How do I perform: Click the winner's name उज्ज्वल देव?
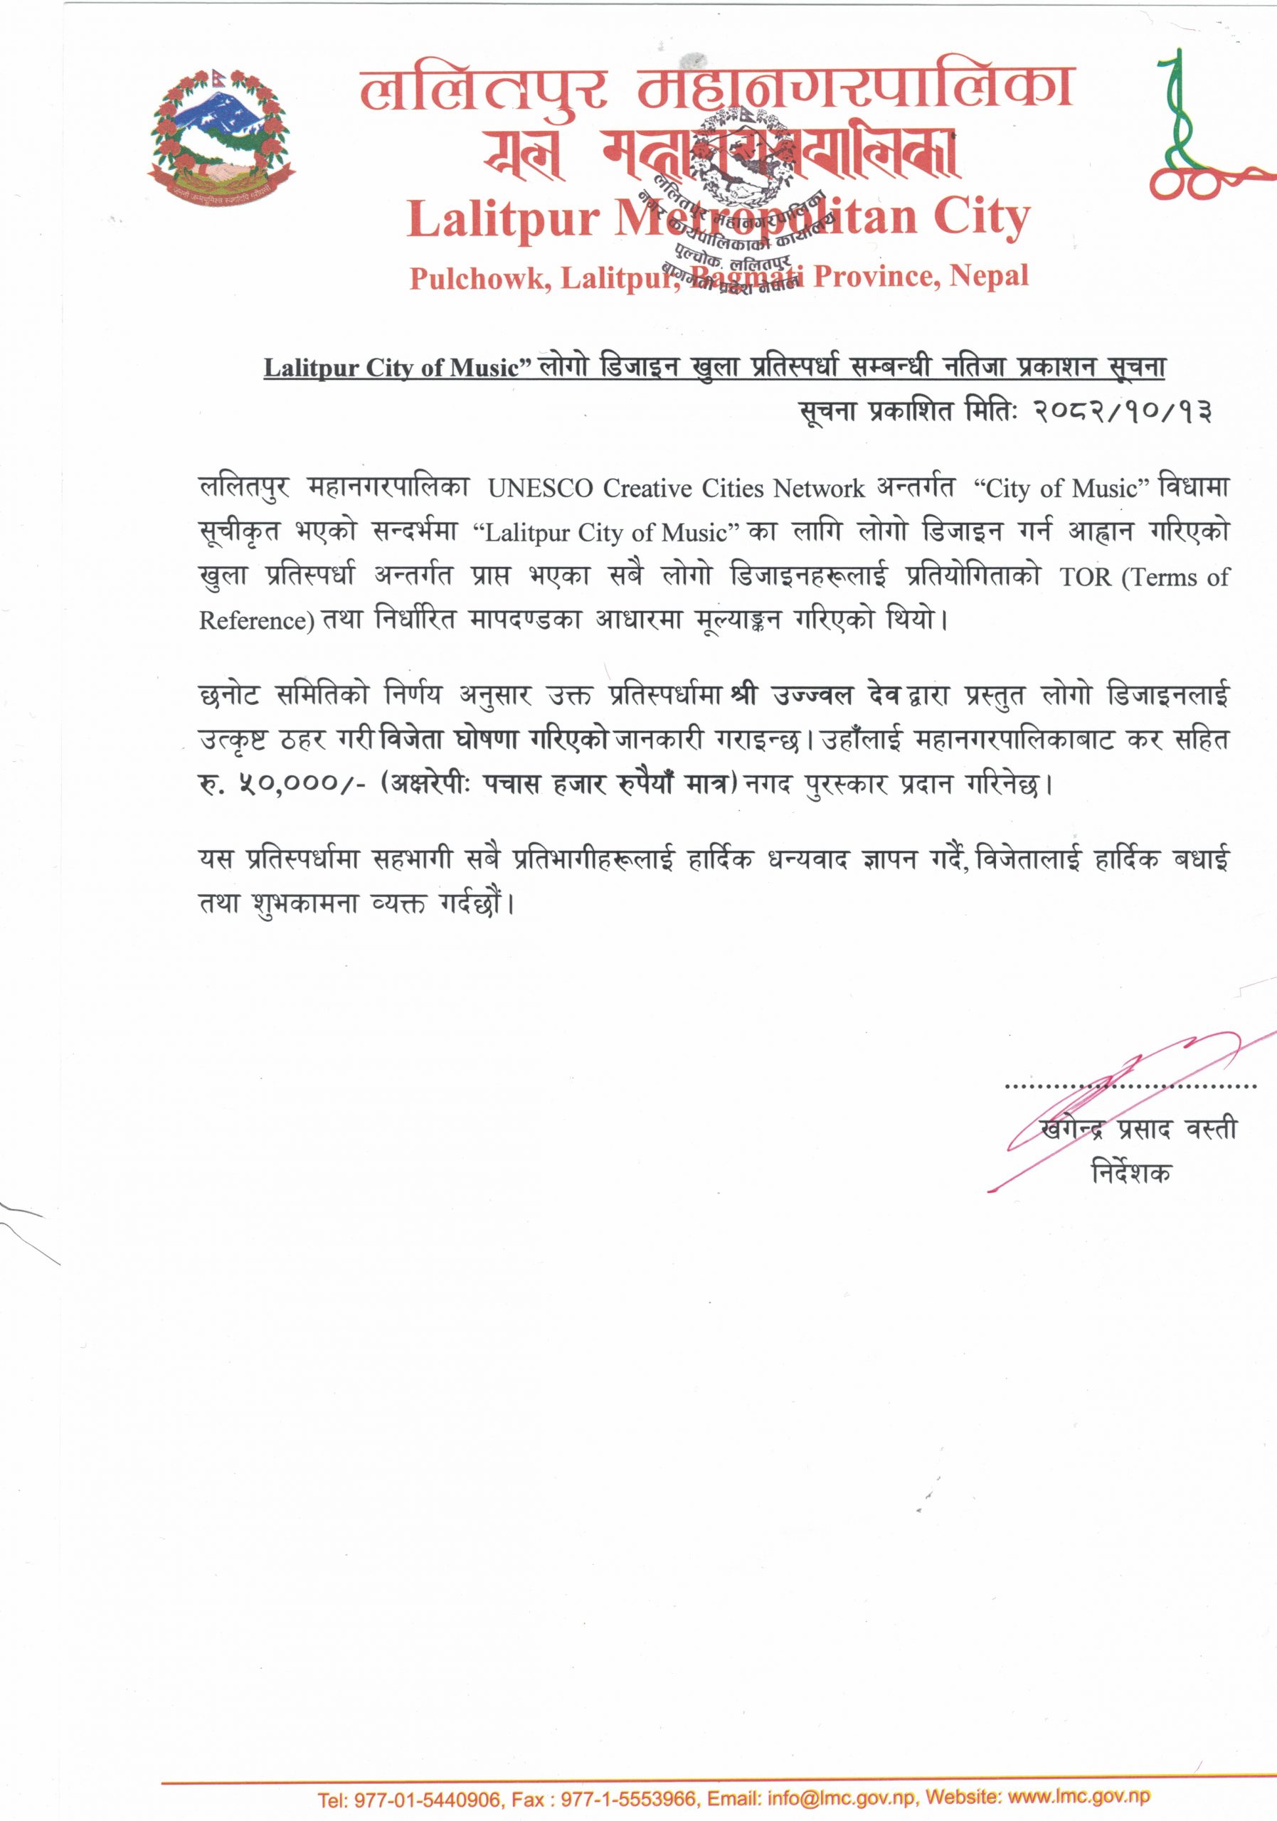tap(837, 696)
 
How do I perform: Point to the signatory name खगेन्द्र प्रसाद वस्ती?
tap(1139, 1130)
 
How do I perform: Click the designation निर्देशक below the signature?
tap(1130, 1172)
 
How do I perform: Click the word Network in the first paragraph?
tap(819, 489)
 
